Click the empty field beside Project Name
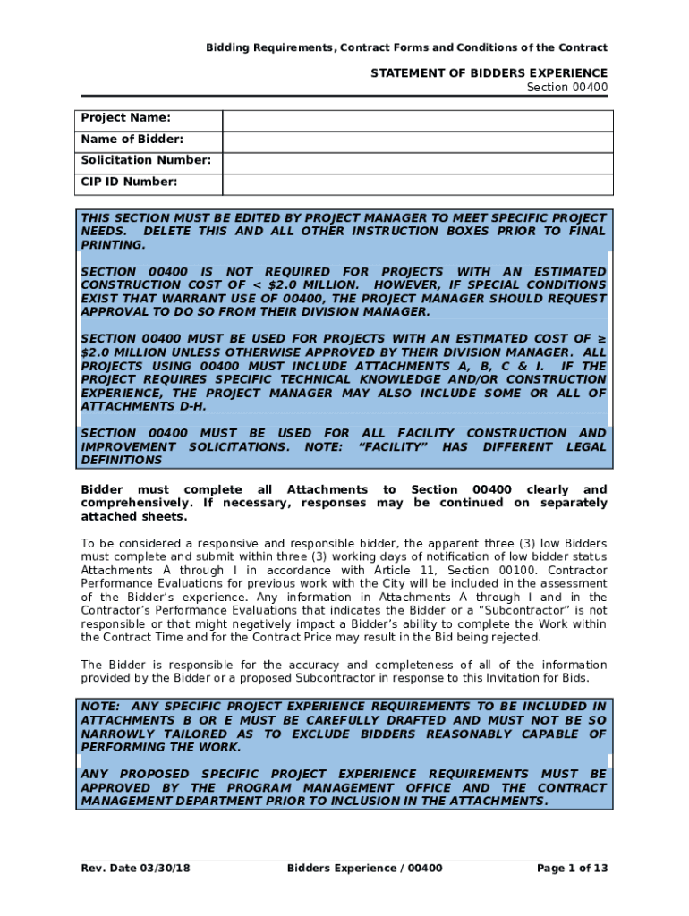[417, 121]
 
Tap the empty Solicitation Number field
[417, 163]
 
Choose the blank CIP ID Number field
[417, 184]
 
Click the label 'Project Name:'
[125, 118]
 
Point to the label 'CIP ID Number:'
[129, 182]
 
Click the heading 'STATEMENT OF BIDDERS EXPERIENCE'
[489, 72]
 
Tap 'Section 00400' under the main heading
[566, 87]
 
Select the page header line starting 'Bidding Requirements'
[407, 47]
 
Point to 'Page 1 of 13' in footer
[572, 869]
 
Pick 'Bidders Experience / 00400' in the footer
[364, 869]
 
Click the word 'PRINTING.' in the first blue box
[113, 244]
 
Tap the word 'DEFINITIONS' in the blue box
[122, 460]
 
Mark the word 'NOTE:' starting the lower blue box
[98, 707]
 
